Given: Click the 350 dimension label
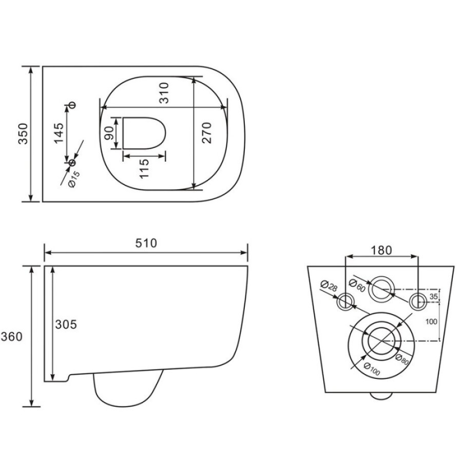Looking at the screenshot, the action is click(x=23, y=134).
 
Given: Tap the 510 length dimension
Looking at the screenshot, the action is click(x=146, y=243).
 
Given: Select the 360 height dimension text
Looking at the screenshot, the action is click(x=11, y=336).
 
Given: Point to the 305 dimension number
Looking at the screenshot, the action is click(x=66, y=324).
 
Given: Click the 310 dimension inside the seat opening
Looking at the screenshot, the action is click(x=164, y=93).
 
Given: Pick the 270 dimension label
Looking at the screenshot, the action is click(x=207, y=133).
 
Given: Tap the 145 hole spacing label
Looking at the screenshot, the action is click(x=59, y=133).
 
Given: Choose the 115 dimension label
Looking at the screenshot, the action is click(x=144, y=168).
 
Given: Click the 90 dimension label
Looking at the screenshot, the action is click(x=109, y=133).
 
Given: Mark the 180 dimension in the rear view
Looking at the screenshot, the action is click(x=381, y=251).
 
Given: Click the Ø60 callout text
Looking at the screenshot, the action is click(x=357, y=285).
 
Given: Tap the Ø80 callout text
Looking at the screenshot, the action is click(x=402, y=360).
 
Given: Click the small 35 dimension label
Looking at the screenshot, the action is click(x=433, y=296).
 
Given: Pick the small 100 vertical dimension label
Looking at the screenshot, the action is click(x=431, y=321).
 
